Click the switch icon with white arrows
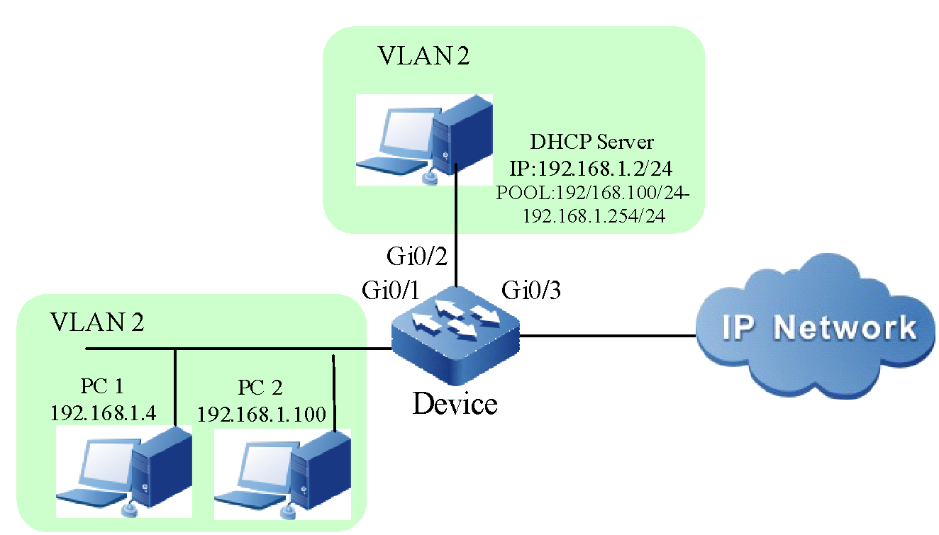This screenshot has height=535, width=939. click(455, 333)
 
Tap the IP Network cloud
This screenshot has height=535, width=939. click(816, 327)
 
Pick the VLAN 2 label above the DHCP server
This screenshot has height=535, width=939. click(424, 57)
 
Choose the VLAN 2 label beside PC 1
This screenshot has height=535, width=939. click(97, 322)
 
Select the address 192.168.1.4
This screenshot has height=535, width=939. click(104, 413)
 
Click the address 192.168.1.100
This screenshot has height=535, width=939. click(261, 414)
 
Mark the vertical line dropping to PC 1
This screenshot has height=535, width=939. click(175, 390)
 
